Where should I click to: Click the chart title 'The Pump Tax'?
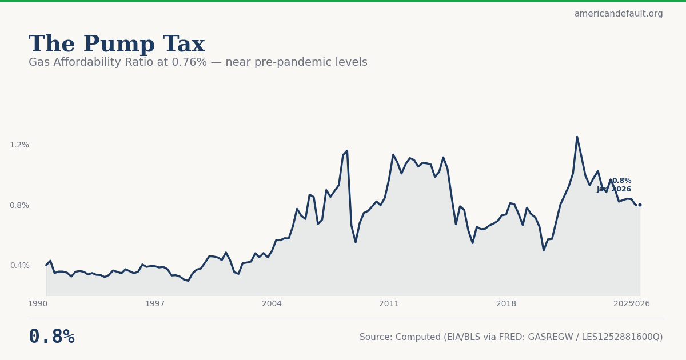[x=117, y=45]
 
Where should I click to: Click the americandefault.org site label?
[x=618, y=14]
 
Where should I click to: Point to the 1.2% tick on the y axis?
[x=19, y=145]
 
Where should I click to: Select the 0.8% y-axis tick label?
[x=19, y=206]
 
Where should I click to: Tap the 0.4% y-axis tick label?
[x=19, y=265]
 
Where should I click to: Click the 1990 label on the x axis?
[x=38, y=304]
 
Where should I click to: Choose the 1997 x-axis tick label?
[x=155, y=304]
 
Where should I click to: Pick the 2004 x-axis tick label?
[x=272, y=304]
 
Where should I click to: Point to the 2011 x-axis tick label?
[x=389, y=304]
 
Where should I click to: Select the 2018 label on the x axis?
[x=506, y=304]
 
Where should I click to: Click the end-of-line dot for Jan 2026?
[x=640, y=205]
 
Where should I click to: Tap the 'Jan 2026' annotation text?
[x=614, y=190]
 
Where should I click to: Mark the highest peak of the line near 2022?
[x=577, y=137]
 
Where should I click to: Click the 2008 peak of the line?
[x=347, y=151]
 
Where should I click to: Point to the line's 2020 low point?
[x=544, y=250]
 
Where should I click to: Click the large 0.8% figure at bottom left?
[x=51, y=337]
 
